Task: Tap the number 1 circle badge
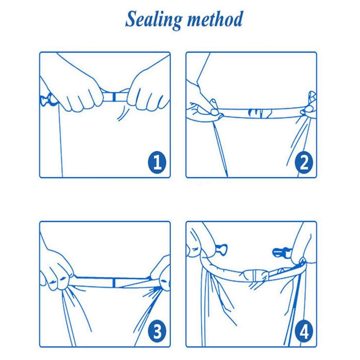pos(157,162)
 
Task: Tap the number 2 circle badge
pos(304,162)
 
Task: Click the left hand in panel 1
pos(76,92)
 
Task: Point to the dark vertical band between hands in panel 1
pos(114,96)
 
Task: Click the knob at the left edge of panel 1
pos(49,100)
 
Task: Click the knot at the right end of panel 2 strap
pos(309,105)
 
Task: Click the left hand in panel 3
pos(57,271)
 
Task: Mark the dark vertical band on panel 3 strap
pos(114,283)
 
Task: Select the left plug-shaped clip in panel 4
pos(221,249)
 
